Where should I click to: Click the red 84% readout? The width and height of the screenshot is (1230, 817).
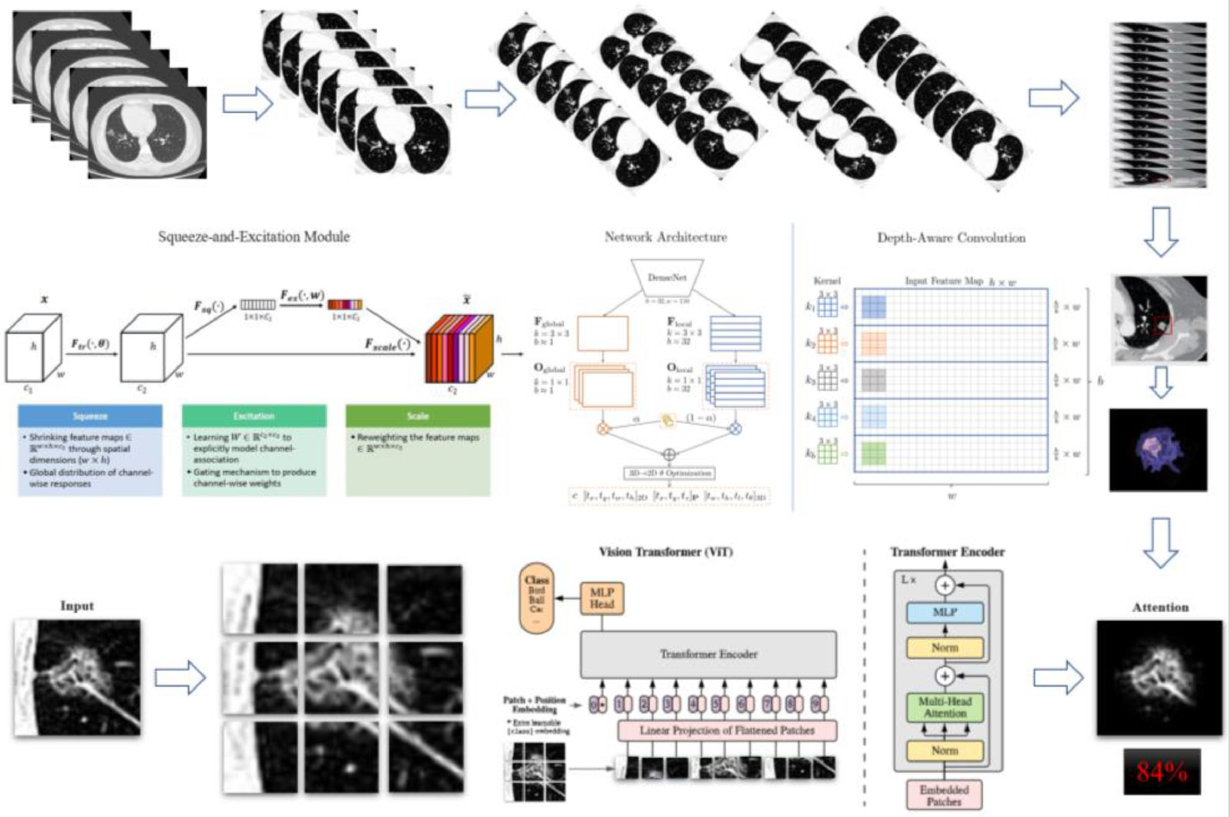1161,772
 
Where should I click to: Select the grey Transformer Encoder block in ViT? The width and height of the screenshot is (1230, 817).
708,655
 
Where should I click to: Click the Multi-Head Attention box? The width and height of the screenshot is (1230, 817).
945,708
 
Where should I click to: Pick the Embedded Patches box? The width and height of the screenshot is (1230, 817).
944,795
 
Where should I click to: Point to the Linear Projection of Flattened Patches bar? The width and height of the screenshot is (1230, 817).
727,730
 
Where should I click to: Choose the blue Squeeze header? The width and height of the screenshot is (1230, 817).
90,416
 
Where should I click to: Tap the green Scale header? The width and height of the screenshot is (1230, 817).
418,416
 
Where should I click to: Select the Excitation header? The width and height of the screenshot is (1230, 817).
253,416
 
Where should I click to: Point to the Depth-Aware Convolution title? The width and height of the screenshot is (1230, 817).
952,238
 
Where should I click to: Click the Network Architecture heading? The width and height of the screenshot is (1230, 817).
666,238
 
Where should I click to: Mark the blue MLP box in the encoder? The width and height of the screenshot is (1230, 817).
945,613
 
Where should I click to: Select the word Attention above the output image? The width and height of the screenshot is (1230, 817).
1160,607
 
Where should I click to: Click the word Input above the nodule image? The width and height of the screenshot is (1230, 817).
77,606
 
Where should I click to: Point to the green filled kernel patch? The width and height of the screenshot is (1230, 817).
874,453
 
